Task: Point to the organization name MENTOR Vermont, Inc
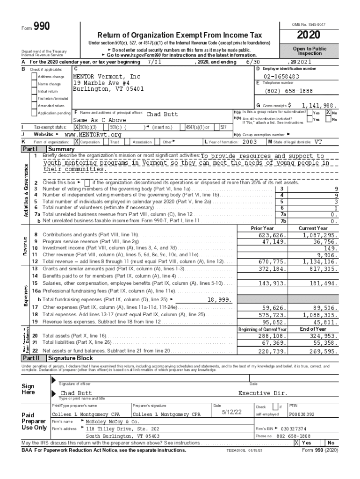(x=107, y=76)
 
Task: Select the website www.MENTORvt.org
(x=89, y=135)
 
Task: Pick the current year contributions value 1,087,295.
(x=320, y=235)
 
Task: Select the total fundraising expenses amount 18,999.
(x=219, y=299)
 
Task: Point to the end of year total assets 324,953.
(x=321, y=336)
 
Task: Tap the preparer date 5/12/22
(x=232, y=412)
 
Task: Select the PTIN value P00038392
(x=302, y=414)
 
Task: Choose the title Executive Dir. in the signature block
(x=263, y=393)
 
